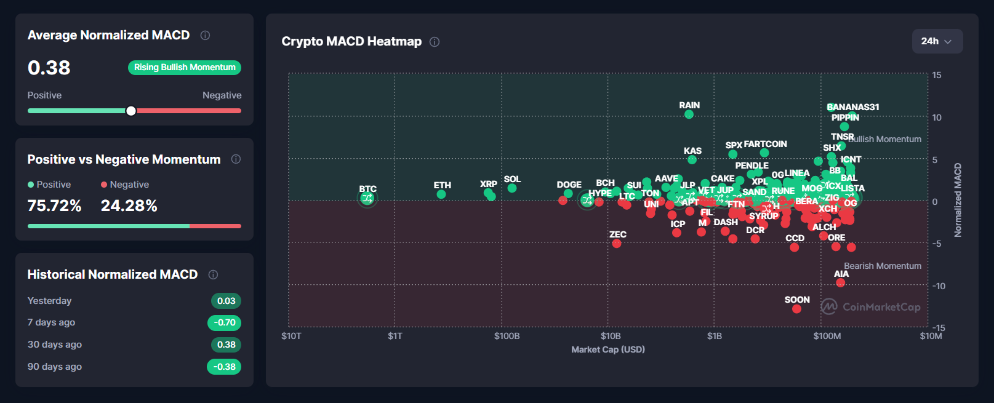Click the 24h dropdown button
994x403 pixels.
point(937,41)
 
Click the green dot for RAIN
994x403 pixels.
point(689,114)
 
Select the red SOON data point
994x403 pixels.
point(796,309)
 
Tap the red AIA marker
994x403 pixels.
point(840,283)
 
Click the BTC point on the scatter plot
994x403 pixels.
point(367,198)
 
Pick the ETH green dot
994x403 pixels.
point(441,194)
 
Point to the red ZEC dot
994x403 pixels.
point(617,244)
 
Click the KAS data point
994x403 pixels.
point(692,160)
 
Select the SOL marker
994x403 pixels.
point(512,188)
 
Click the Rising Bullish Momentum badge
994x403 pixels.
point(185,67)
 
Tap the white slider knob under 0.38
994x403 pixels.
point(131,111)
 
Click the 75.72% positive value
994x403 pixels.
point(54,205)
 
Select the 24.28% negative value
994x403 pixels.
point(129,205)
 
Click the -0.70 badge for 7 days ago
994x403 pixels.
point(225,322)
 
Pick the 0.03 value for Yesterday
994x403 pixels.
point(226,301)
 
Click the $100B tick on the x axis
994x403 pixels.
point(507,336)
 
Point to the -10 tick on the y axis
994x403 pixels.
point(938,286)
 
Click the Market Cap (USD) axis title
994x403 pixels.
point(607,349)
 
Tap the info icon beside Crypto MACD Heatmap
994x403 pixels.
point(435,42)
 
